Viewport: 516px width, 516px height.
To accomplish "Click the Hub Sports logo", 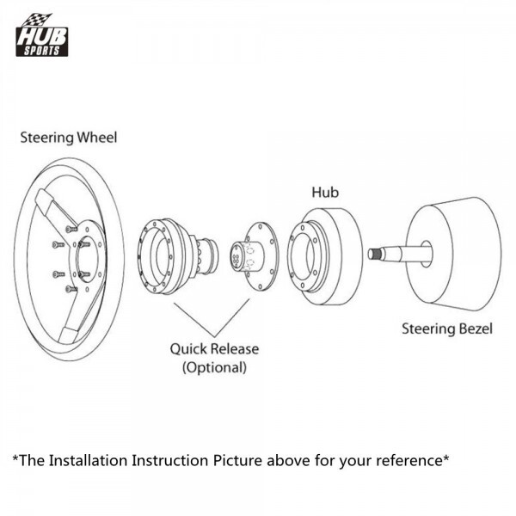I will click(x=41, y=36).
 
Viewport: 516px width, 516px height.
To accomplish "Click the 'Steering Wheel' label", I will click(x=69, y=137).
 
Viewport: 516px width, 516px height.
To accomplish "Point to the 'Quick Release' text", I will click(x=213, y=349).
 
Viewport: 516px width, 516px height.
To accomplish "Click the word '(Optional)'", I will click(x=213, y=367).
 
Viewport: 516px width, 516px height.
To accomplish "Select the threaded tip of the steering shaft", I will click(x=376, y=254).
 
